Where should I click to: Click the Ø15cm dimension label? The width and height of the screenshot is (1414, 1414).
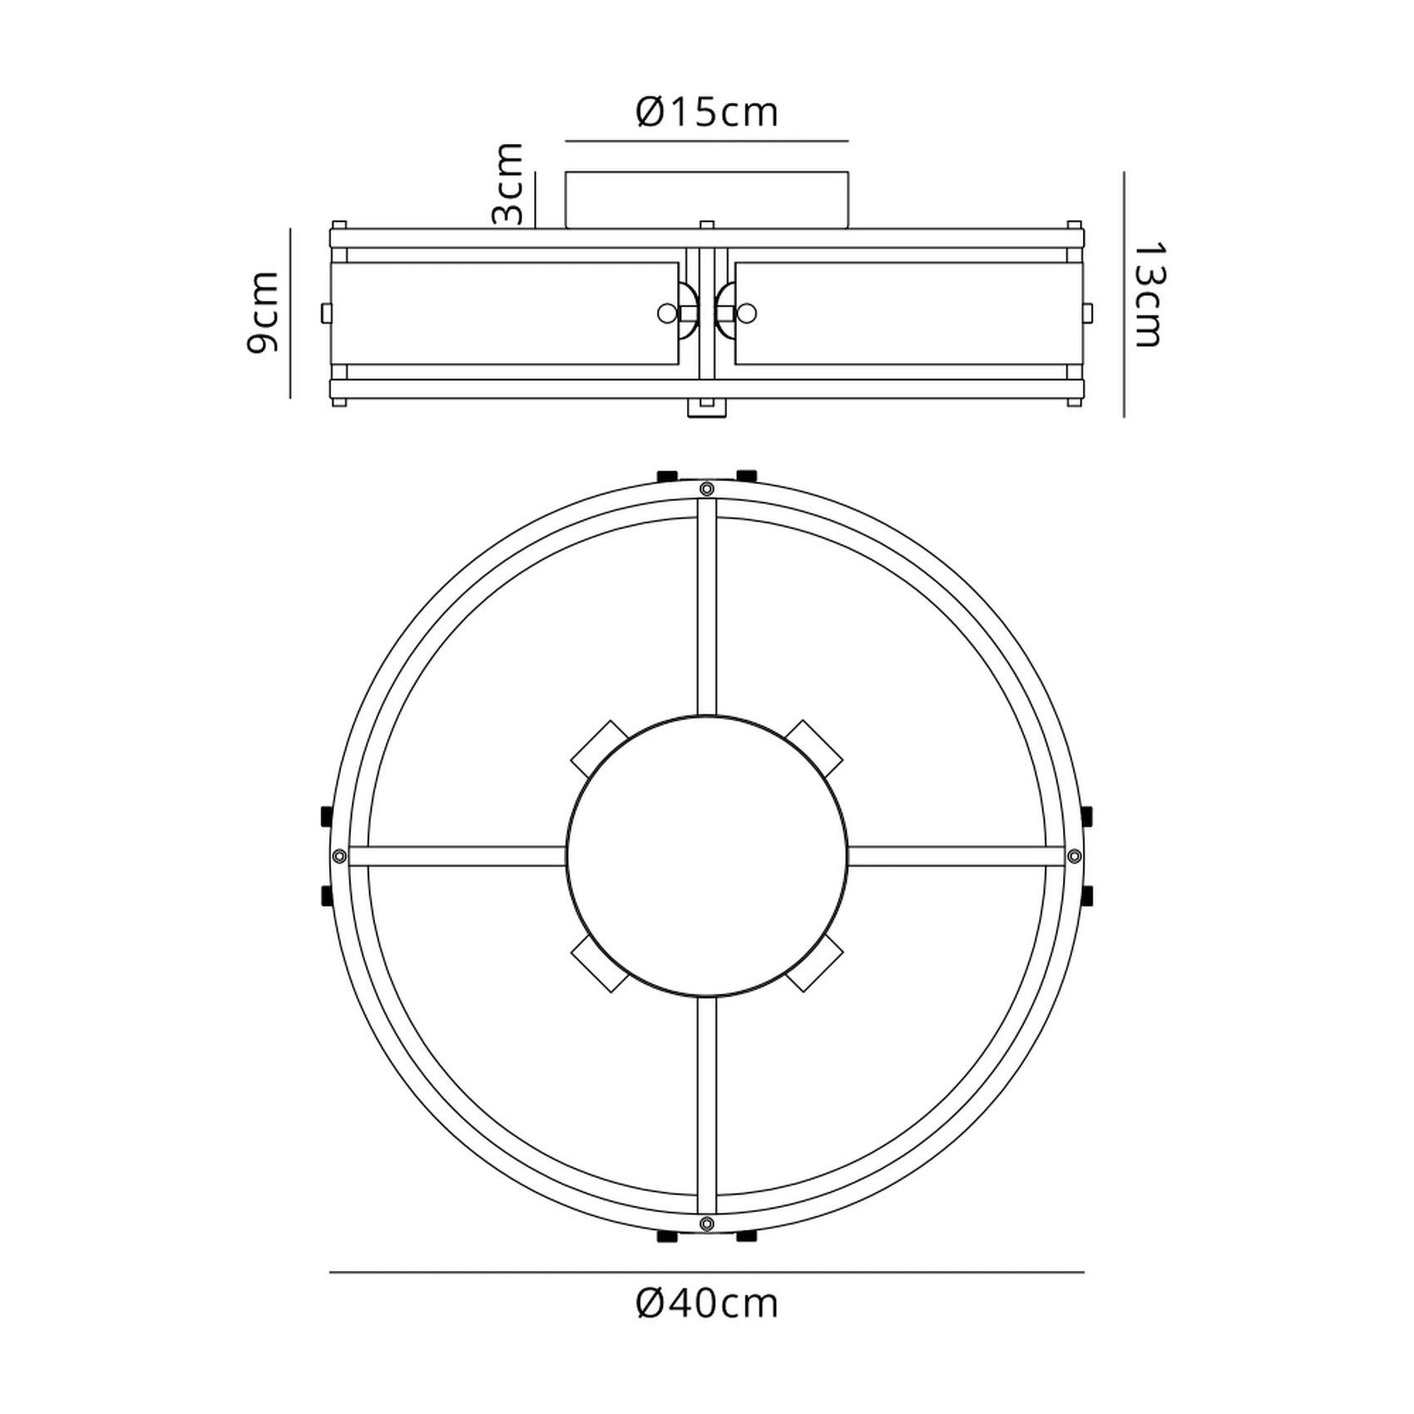click(707, 112)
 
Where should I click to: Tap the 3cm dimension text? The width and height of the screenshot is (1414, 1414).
click(508, 184)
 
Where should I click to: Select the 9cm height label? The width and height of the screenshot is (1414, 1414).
click(263, 313)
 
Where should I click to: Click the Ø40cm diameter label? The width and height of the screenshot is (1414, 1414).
click(707, 1303)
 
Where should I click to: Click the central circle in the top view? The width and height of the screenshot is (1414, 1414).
click(707, 856)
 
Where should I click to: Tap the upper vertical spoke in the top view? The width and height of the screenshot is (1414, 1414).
click(707, 607)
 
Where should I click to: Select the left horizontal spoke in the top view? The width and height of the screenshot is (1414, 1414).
click(457, 856)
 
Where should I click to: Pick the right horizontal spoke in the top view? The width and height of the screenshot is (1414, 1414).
click(957, 856)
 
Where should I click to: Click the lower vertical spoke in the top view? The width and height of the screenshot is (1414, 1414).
click(707, 1105)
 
